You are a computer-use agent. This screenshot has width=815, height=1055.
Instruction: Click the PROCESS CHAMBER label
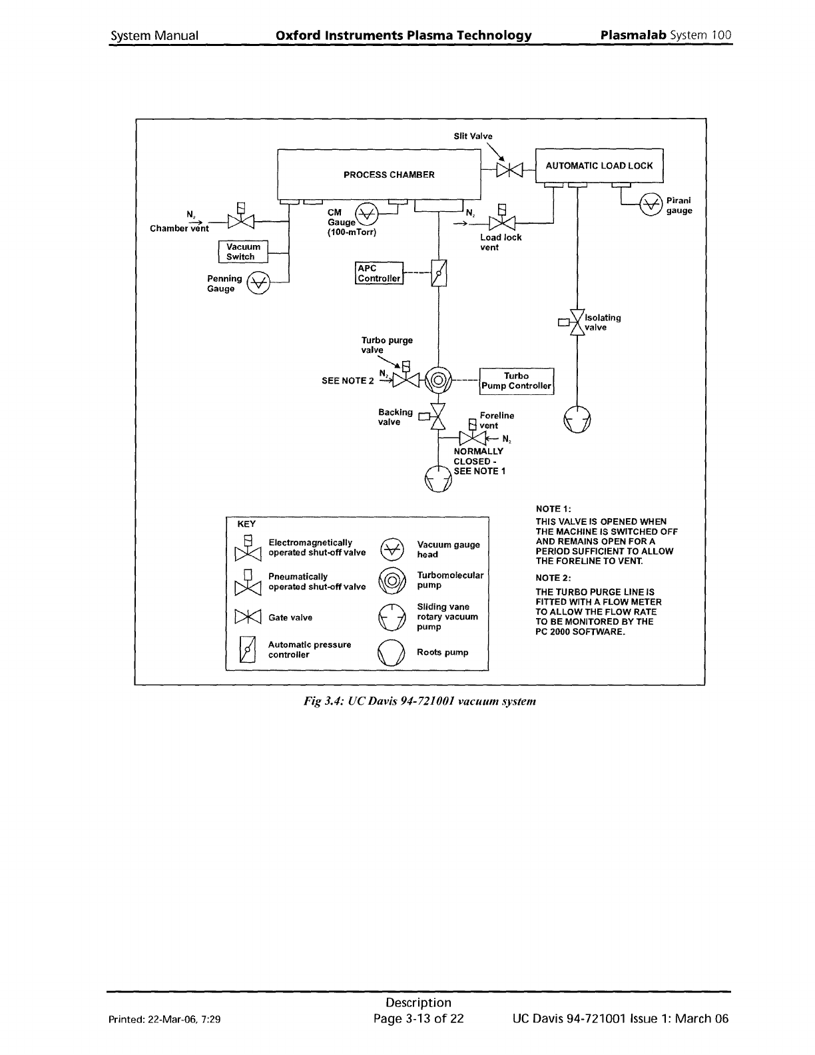click(389, 175)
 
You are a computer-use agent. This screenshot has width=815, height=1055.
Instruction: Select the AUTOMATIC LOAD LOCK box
click(599, 166)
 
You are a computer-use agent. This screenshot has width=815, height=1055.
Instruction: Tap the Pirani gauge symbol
click(651, 204)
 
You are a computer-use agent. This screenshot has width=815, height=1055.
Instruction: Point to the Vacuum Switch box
click(244, 252)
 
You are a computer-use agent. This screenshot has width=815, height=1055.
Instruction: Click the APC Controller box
click(379, 273)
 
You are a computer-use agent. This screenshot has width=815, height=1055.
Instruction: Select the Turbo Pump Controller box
click(517, 381)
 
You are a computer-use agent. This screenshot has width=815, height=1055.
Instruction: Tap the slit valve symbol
click(509, 171)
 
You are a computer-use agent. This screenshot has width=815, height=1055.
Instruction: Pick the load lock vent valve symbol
click(503, 222)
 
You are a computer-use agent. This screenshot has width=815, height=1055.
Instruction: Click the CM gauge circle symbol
click(366, 213)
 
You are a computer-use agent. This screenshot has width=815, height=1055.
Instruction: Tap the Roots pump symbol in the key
click(392, 653)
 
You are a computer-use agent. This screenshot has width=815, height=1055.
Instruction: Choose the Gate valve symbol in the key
click(248, 617)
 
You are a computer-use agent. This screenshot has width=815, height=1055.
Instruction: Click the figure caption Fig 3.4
click(419, 701)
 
